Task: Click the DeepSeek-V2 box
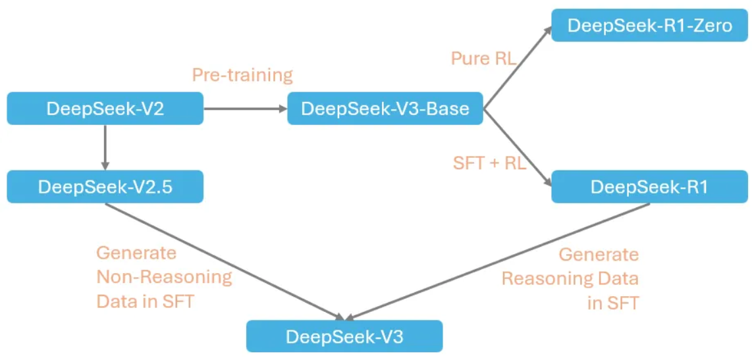coord(105,109)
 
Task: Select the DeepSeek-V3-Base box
coord(385,109)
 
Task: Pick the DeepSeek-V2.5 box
coord(105,186)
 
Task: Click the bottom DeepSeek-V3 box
coord(344,336)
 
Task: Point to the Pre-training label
coord(242,75)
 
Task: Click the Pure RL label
coord(483,59)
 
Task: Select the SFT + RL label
coord(490,163)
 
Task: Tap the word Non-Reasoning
coord(164,277)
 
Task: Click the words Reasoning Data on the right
coord(570,278)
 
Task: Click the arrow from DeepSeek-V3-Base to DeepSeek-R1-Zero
coord(517,68)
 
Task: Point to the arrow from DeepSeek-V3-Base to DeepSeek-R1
coord(517,147)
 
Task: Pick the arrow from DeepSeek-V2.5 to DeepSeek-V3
coord(225,262)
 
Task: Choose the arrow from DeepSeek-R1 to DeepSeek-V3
coord(498,262)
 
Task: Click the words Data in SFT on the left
coord(146,301)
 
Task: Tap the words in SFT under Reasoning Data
coord(614,303)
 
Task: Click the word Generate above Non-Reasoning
coord(136,253)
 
